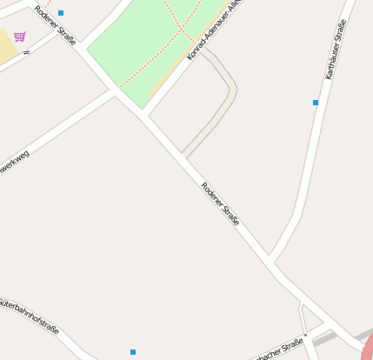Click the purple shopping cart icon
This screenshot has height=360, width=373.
tap(19, 37)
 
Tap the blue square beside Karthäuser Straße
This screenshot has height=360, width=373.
tap(316, 103)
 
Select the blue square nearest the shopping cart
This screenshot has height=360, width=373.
tap(61, 13)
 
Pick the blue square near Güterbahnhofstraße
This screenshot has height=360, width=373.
tap(133, 352)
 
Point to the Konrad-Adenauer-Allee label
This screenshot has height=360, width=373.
tap(214, 30)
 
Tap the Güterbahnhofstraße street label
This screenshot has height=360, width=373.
tap(30, 317)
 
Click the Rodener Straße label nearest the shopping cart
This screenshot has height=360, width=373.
tap(55, 26)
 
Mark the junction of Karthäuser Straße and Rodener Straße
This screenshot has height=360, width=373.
tap(271, 260)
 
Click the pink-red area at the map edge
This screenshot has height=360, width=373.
tap(367, 349)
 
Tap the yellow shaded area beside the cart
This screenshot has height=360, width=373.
tap(8, 49)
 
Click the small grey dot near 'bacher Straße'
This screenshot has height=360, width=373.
tap(306, 334)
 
